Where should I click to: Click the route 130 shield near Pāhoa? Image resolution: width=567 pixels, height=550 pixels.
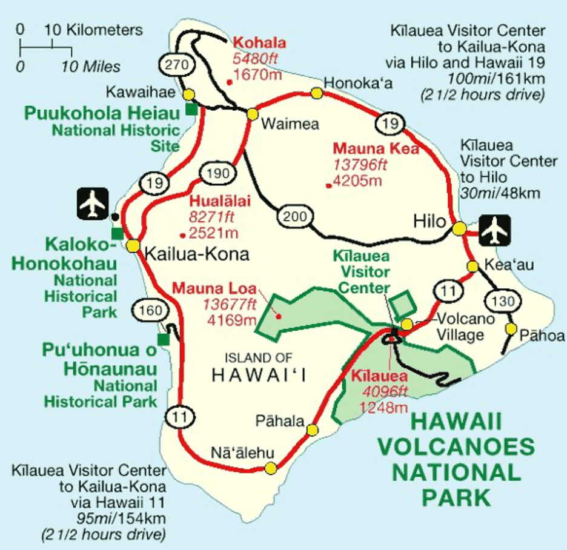click(498, 301)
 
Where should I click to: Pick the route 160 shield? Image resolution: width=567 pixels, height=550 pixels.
click(150, 311)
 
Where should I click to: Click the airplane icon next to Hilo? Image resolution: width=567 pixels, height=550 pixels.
click(496, 230)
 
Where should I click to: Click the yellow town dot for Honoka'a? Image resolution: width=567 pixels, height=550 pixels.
click(316, 93)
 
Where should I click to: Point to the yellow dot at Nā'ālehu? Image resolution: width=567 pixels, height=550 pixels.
click(270, 468)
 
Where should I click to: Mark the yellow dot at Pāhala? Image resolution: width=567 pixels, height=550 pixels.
click(312, 430)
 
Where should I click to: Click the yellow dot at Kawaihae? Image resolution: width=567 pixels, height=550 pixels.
click(189, 94)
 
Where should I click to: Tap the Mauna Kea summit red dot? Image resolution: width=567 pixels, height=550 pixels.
click(328, 185)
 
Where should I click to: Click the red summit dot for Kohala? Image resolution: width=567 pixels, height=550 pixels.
click(230, 82)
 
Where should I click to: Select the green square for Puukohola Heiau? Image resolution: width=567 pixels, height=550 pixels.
click(191, 109)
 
